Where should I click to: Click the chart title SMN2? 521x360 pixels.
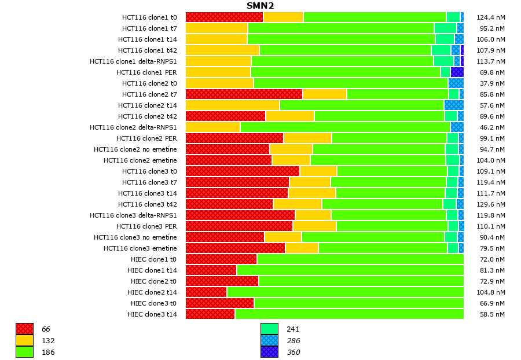[x=260, y=6]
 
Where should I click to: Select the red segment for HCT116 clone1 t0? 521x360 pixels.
[x=224, y=17]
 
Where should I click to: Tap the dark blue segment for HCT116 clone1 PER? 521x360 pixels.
[x=457, y=72]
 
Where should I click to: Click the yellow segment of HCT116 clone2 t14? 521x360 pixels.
[x=232, y=105]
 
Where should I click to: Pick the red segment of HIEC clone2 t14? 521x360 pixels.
[x=206, y=292]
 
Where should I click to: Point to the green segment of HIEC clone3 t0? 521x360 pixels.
[x=358, y=303]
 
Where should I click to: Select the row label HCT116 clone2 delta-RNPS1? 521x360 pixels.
[x=133, y=127]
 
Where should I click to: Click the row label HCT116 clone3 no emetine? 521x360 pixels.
[x=135, y=237]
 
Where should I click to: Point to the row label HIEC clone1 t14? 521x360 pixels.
[x=152, y=270]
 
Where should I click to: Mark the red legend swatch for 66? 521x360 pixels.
[x=24, y=329]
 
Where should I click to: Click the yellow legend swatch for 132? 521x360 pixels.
[x=24, y=340]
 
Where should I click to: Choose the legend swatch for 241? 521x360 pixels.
[x=269, y=329]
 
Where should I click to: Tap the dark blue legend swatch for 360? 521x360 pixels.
[x=269, y=352]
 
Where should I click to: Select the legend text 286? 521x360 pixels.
[x=293, y=341]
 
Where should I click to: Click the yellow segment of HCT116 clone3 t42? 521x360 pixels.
[x=297, y=204]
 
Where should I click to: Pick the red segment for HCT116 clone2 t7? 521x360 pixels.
[x=244, y=94]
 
